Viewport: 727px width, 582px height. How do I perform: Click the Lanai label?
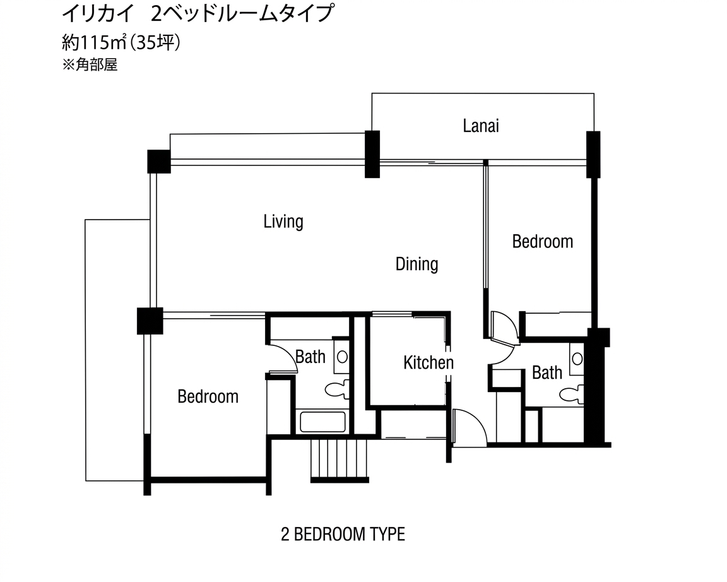(481, 126)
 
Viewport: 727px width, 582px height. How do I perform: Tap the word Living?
(283, 222)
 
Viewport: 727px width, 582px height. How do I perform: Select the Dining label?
(417, 263)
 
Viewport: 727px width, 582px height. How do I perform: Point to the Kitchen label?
(428, 362)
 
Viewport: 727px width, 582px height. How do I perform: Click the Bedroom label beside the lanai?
(542, 241)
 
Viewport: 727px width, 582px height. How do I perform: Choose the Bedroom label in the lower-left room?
(208, 396)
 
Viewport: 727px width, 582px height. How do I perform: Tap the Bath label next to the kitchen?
(310, 357)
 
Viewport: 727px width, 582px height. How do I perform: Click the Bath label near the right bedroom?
(547, 372)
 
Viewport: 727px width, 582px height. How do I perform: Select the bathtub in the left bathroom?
(322, 422)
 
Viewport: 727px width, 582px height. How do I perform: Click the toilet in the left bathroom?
(336, 390)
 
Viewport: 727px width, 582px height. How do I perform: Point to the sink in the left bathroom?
(341, 357)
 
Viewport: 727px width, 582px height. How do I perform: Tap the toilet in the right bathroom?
(572, 395)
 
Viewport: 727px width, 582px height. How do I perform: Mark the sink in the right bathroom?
(577, 359)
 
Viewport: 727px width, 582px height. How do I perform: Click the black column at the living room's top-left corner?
(158, 161)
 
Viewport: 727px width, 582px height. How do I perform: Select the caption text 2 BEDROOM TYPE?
(343, 535)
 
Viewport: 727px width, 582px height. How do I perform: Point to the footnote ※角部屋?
(90, 65)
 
